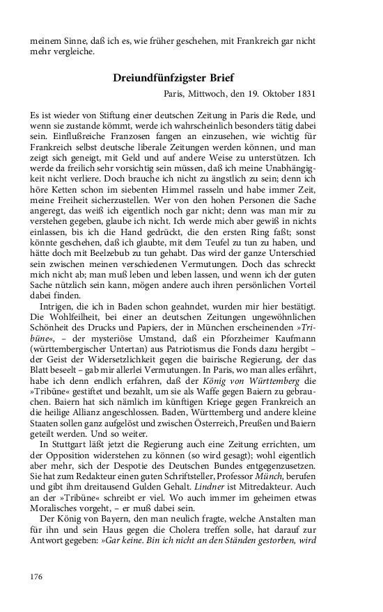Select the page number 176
pyautogui.click(x=37, y=577)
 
